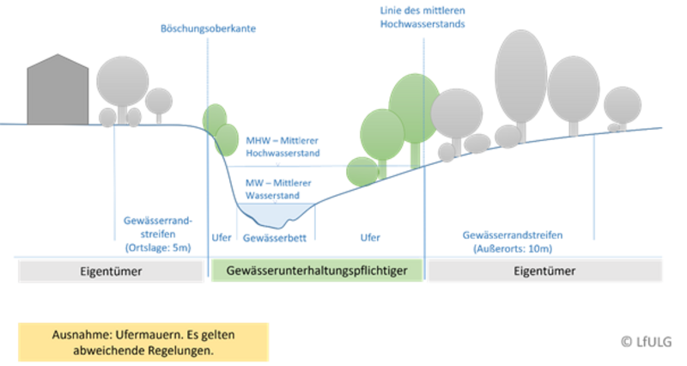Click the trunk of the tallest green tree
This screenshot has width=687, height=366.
click(x=415, y=153)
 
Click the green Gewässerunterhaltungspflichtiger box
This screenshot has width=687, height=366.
click(x=316, y=271)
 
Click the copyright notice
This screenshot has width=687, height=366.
click(x=649, y=341)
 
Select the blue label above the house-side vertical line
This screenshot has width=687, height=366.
click(x=209, y=28)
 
